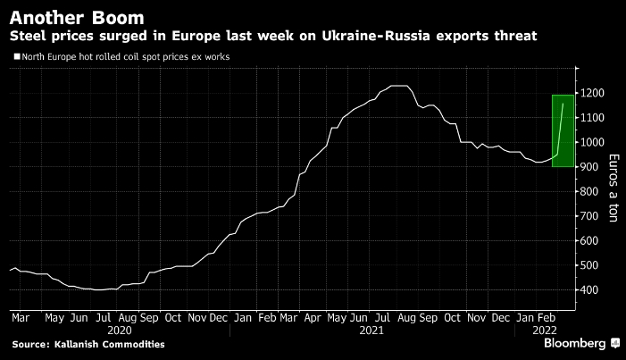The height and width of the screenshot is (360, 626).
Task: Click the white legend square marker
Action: (17, 57)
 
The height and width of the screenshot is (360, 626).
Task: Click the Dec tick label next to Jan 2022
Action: (500, 316)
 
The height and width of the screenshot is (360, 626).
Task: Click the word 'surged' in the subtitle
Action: (125, 37)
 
